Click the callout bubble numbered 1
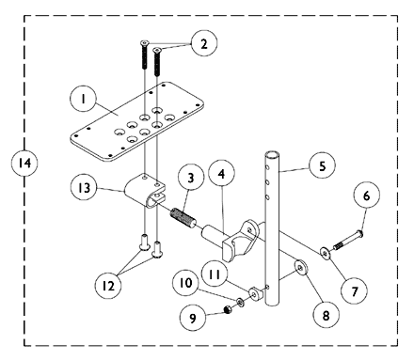84,97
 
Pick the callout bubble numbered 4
221,175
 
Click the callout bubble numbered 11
216,274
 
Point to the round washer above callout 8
302,270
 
